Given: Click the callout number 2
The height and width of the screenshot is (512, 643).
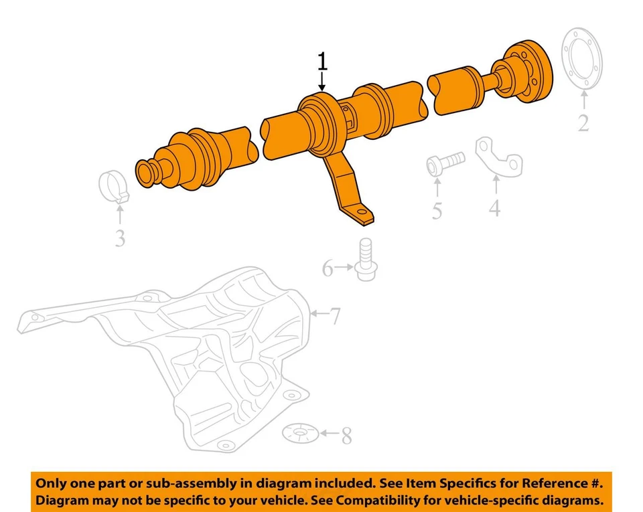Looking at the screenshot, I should pyautogui.click(x=583, y=122).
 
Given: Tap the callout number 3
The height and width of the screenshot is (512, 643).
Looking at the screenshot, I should pyautogui.click(x=119, y=237).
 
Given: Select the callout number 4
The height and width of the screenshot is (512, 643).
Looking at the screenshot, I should pyautogui.click(x=494, y=208).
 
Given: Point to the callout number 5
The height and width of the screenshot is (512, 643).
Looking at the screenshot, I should pyautogui.click(x=437, y=211).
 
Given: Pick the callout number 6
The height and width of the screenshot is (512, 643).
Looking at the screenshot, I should pyautogui.click(x=328, y=268).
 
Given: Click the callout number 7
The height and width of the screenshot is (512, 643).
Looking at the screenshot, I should pyautogui.click(x=334, y=314).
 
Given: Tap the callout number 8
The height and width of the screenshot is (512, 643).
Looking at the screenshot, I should pyautogui.click(x=346, y=437).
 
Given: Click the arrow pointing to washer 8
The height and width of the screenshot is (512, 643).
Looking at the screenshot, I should pyautogui.click(x=328, y=434).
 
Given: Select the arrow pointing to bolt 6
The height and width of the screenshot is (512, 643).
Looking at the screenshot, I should pyautogui.click(x=344, y=268).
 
